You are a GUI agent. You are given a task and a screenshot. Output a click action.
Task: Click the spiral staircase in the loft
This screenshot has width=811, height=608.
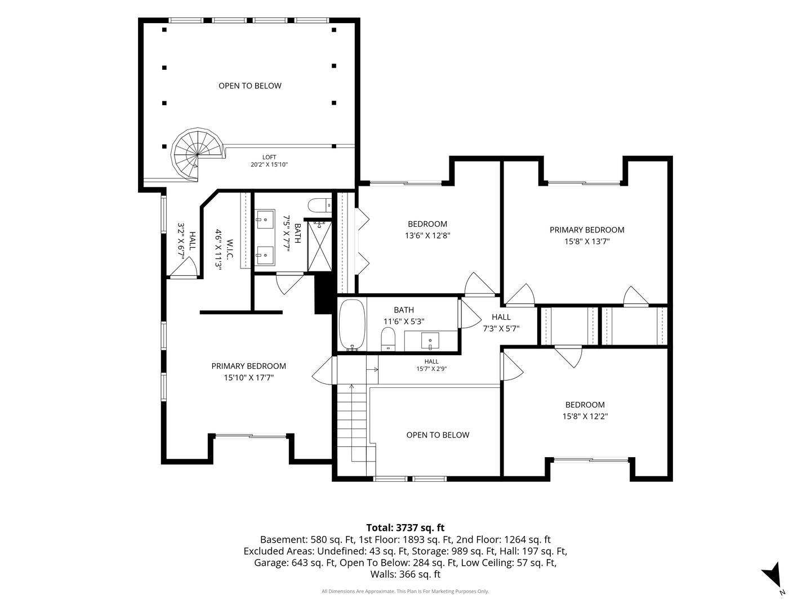coord(198,154)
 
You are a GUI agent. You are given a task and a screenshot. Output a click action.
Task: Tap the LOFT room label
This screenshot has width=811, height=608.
coord(269,157)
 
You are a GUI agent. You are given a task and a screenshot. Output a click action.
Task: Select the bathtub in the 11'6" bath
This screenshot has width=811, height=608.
coord(352,325)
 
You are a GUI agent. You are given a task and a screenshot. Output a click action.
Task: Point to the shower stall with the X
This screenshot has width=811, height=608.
coord(319,246)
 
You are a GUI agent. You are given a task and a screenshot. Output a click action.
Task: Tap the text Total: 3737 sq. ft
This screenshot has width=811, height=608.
coord(405,527)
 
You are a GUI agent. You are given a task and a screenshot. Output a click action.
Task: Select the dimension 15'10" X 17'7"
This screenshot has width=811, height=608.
coord(249,378)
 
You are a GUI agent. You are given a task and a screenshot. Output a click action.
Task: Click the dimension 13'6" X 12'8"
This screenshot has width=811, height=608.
coord(427,235)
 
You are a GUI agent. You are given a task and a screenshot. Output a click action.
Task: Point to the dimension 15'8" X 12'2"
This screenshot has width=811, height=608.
coord(585,417)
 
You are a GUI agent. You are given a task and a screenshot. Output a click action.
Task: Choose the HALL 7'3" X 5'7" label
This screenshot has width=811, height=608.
coord(501,323)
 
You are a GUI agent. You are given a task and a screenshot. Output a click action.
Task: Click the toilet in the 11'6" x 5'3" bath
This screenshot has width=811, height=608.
coord(388,339)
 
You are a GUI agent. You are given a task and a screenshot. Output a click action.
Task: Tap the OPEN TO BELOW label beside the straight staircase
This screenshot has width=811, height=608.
coord(438,435)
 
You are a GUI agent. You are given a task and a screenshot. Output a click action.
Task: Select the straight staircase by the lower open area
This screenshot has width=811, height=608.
coord(356,430)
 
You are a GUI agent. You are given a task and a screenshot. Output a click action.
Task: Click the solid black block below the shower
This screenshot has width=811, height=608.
coord(323,294)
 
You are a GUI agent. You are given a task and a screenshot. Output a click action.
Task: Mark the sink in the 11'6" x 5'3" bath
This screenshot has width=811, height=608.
coord(430,341)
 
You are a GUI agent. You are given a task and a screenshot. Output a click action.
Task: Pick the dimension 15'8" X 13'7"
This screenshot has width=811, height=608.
coord(587,242)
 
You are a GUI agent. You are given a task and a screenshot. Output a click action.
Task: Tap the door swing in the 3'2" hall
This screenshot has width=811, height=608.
coord(184,266)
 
